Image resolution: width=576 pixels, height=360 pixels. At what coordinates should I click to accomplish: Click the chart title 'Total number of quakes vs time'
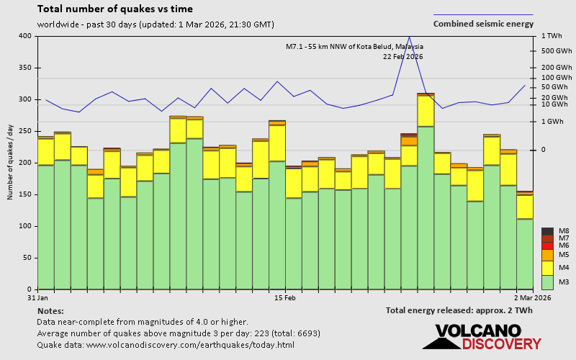[114, 9]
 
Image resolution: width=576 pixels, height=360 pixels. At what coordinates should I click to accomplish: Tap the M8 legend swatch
[547, 231]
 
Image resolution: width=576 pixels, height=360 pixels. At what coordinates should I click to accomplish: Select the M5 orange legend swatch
[547, 255]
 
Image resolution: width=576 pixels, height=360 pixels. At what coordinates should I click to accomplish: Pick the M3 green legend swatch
[547, 282]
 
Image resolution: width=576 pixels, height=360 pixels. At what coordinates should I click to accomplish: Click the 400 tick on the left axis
[25, 36]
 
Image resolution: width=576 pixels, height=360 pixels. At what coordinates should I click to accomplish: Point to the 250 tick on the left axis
[25, 131]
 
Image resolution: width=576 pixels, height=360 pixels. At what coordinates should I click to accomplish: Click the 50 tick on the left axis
[27, 258]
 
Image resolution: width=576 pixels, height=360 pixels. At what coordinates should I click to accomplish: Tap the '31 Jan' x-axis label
[37, 297]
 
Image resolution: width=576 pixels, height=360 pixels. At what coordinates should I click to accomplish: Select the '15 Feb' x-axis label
[285, 297]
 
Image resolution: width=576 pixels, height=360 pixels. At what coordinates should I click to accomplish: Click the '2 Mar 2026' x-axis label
[534, 297]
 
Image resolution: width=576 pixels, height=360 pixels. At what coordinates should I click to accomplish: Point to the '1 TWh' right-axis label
[551, 36]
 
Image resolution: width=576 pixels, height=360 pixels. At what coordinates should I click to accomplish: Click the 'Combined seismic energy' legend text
[482, 24]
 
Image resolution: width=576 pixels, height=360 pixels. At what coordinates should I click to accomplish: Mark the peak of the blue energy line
[409, 37]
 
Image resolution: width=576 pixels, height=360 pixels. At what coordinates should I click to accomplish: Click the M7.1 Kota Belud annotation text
[354, 47]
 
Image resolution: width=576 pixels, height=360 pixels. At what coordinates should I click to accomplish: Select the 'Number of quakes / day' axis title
[10, 162]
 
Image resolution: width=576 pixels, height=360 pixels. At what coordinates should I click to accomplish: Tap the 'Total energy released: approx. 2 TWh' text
[459, 311]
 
